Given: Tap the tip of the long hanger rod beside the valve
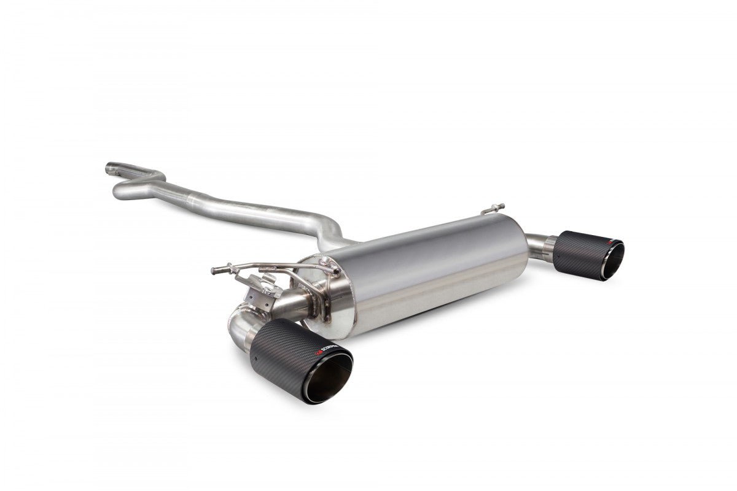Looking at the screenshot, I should point(214,269).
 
